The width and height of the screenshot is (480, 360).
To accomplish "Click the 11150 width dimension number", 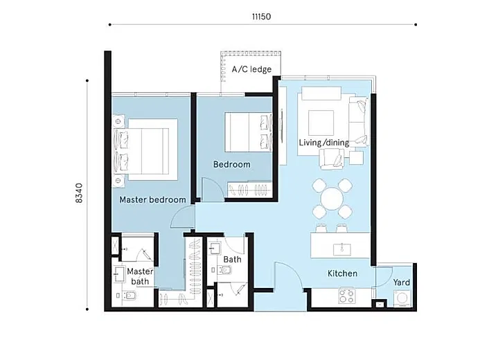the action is [x=261, y=16].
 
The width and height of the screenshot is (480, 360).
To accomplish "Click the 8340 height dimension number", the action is [x=79, y=193].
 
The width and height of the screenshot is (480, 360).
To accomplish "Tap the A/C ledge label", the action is [x=251, y=69].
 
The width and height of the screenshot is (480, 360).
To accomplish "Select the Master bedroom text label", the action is [x=152, y=199].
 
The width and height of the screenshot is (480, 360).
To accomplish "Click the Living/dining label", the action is [x=324, y=143].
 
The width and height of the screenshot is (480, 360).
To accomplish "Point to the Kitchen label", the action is [x=342, y=273].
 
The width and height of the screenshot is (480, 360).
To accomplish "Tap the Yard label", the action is [x=401, y=282].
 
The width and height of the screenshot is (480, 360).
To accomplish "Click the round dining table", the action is [x=332, y=199].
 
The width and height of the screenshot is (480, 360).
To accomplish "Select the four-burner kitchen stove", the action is [x=347, y=296].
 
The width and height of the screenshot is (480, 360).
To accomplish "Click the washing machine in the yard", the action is [x=402, y=298].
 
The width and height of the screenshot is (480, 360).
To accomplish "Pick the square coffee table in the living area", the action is [x=321, y=123].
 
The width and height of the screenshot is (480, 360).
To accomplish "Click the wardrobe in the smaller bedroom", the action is [x=249, y=190].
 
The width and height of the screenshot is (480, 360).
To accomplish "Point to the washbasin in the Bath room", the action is [x=215, y=248].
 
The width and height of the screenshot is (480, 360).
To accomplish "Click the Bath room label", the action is [x=232, y=260].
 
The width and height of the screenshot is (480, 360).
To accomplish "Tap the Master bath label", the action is [x=140, y=276].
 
